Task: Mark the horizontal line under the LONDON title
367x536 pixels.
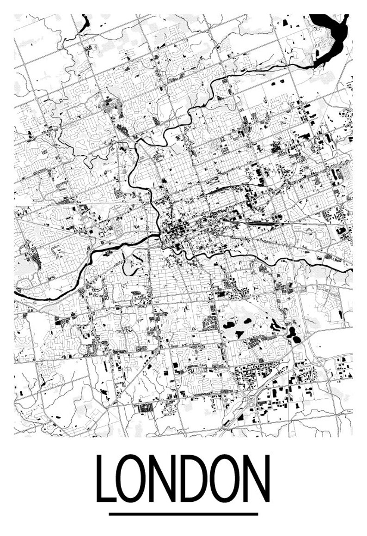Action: (183, 514)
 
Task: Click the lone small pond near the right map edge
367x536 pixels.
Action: (341, 314)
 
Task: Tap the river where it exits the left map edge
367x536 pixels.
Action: (17, 292)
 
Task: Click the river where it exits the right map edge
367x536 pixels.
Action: (350, 268)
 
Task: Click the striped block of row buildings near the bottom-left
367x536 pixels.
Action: (146, 408)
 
